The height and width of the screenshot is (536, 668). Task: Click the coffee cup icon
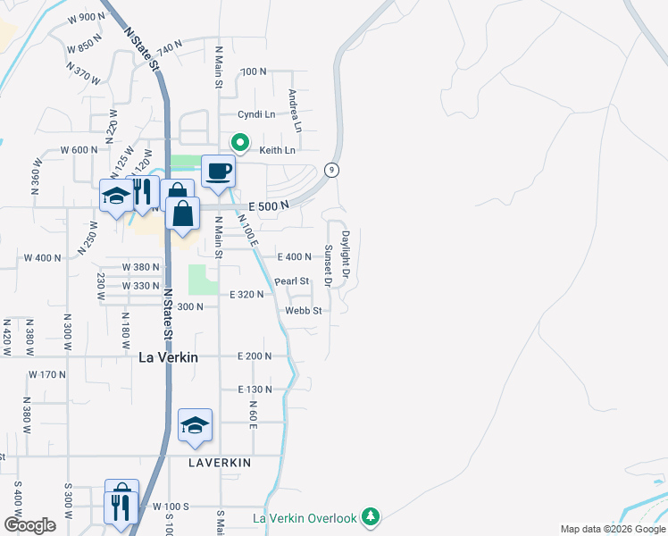[x=218, y=171]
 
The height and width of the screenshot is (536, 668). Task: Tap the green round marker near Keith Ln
[x=240, y=142]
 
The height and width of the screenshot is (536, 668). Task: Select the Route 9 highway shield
[x=331, y=170]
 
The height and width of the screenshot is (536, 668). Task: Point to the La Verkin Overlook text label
[x=305, y=518]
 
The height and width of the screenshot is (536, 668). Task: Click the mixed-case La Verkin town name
[x=168, y=356]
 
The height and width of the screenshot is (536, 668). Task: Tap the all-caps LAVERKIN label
[x=220, y=463]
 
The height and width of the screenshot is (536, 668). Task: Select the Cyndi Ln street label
[x=256, y=114]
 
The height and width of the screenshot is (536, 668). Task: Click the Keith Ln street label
[x=277, y=150]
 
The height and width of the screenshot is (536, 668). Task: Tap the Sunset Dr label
[x=329, y=265]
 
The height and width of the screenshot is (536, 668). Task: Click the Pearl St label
[x=291, y=281]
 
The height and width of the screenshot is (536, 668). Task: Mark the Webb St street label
[x=303, y=311]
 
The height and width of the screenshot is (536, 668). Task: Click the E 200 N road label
[x=255, y=356]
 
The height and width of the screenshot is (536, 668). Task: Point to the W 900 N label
[x=87, y=17]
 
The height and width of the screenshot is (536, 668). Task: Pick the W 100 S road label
[x=172, y=507]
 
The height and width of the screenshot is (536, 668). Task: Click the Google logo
[x=29, y=525]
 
